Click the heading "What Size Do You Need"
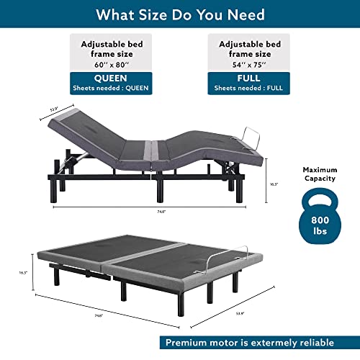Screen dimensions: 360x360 coord(180,14)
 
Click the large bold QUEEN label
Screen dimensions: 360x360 coord(111,78)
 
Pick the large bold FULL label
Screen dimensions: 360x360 coord(249,78)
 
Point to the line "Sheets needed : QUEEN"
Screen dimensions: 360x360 coord(111,89)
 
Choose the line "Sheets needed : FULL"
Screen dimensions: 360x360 coord(249,89)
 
